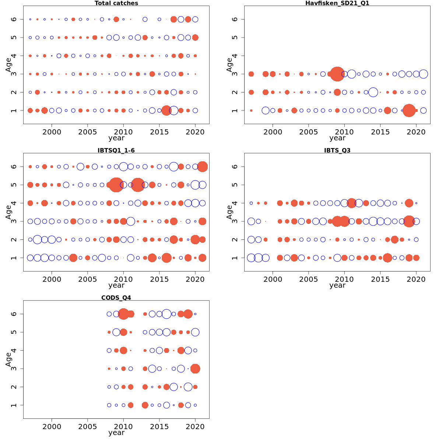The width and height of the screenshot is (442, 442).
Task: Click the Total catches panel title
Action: (116, 3)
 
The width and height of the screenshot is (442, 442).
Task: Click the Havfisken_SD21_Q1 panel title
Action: (337, 3)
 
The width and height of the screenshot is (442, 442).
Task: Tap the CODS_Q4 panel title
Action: (116, 298)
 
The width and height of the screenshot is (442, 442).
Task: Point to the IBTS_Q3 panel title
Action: (337, 150)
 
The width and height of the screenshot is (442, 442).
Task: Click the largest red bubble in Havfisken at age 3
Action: (337, 74)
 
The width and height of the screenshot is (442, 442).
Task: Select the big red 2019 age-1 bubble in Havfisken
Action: (409, 110)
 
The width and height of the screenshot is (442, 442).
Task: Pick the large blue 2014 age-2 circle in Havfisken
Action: (373, 92)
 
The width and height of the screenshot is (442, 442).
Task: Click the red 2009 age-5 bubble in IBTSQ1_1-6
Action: (116, 185)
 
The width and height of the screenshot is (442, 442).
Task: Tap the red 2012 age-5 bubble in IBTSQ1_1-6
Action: (138, 185)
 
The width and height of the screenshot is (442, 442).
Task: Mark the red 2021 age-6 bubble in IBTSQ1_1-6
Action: (202, 166)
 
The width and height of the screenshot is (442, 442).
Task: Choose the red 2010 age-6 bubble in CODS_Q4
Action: (123, 314)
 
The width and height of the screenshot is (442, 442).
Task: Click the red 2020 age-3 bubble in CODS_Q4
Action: (195, 369)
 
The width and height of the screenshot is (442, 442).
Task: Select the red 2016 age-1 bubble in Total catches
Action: (166, 110)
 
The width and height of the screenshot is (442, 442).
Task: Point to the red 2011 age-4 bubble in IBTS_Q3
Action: (351, 203)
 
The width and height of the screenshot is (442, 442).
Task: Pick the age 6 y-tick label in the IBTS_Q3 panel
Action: (235, 166)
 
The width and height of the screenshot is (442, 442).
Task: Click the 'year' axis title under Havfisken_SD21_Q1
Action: (337, 138)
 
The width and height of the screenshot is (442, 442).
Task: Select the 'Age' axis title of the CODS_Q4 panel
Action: (8, 359)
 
